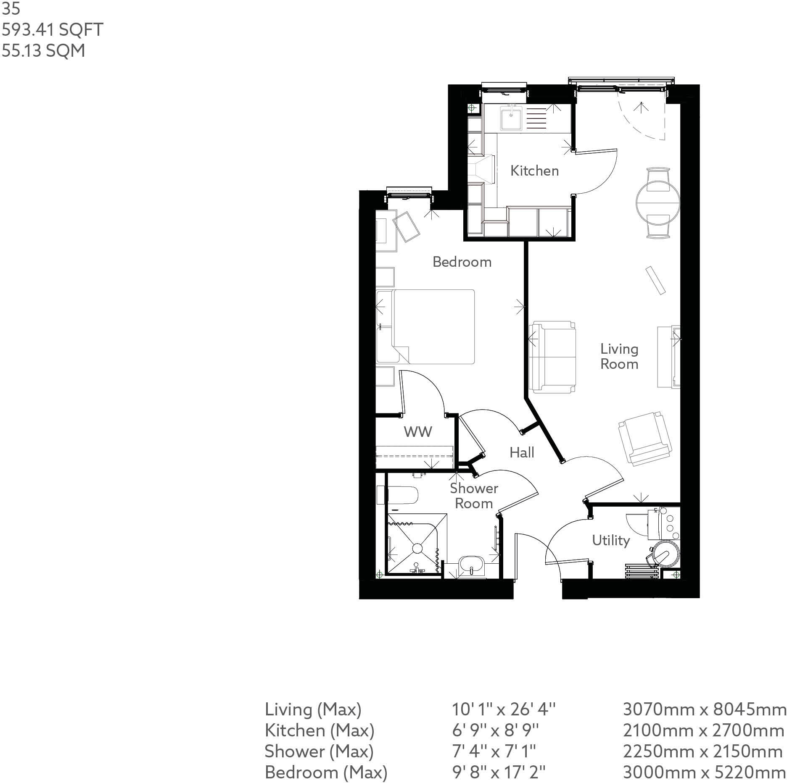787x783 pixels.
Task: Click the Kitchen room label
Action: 534,171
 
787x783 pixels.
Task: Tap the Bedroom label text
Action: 462,262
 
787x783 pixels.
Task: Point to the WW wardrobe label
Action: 417,431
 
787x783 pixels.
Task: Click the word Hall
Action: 522,452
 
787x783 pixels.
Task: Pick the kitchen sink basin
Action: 511,118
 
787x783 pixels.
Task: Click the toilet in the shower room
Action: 402,495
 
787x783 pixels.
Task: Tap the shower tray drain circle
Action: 417,548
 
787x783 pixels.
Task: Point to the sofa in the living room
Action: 552,357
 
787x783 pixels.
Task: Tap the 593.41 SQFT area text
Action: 53,30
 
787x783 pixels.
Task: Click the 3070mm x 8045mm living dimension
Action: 704,709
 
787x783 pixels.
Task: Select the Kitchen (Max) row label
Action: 319,730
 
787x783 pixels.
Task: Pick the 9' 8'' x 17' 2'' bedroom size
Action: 498,772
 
